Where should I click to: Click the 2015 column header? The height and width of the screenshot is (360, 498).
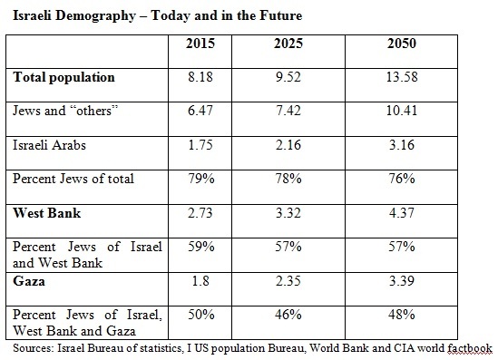pos(200,44)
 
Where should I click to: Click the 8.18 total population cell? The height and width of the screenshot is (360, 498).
pos(201,78)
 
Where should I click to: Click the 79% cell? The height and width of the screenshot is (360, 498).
pos(201,179)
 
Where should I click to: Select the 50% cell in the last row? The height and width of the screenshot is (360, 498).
pos(201,315)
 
